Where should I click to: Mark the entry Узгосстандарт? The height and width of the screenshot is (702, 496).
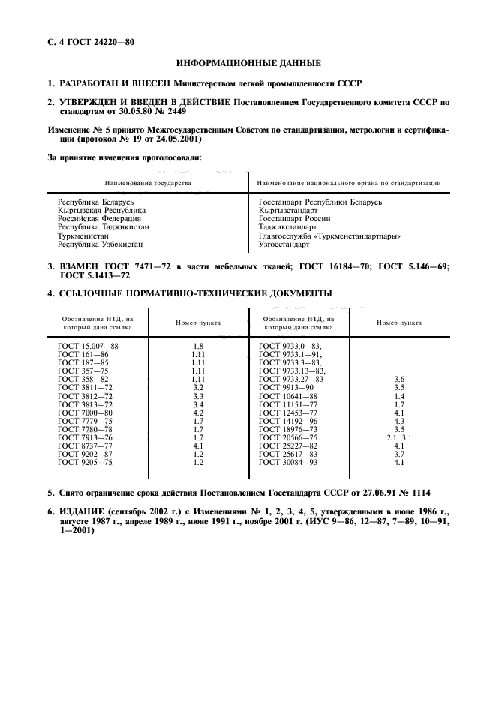click(283, 244)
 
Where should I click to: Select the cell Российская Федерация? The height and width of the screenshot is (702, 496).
click(99, 219)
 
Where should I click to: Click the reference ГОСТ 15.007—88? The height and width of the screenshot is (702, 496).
click(88, 345)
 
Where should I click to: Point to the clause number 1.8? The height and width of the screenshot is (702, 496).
click(198, 345)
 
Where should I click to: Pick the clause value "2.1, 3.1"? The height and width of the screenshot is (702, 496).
click(399, 436)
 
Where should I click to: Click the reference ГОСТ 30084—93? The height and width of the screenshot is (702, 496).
click(289, 462)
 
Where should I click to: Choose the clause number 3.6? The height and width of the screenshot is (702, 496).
click(399, 379)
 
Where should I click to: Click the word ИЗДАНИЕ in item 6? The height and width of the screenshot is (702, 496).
click(84, 510)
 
